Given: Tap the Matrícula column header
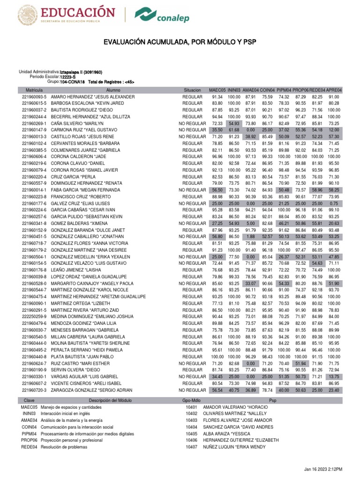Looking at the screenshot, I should point(34,90).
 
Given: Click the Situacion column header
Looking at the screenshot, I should point(192,90).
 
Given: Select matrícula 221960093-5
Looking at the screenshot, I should point(34,96).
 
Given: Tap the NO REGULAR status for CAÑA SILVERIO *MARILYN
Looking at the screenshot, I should point(192,123).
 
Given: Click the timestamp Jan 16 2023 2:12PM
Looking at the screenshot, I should point(323,469).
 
